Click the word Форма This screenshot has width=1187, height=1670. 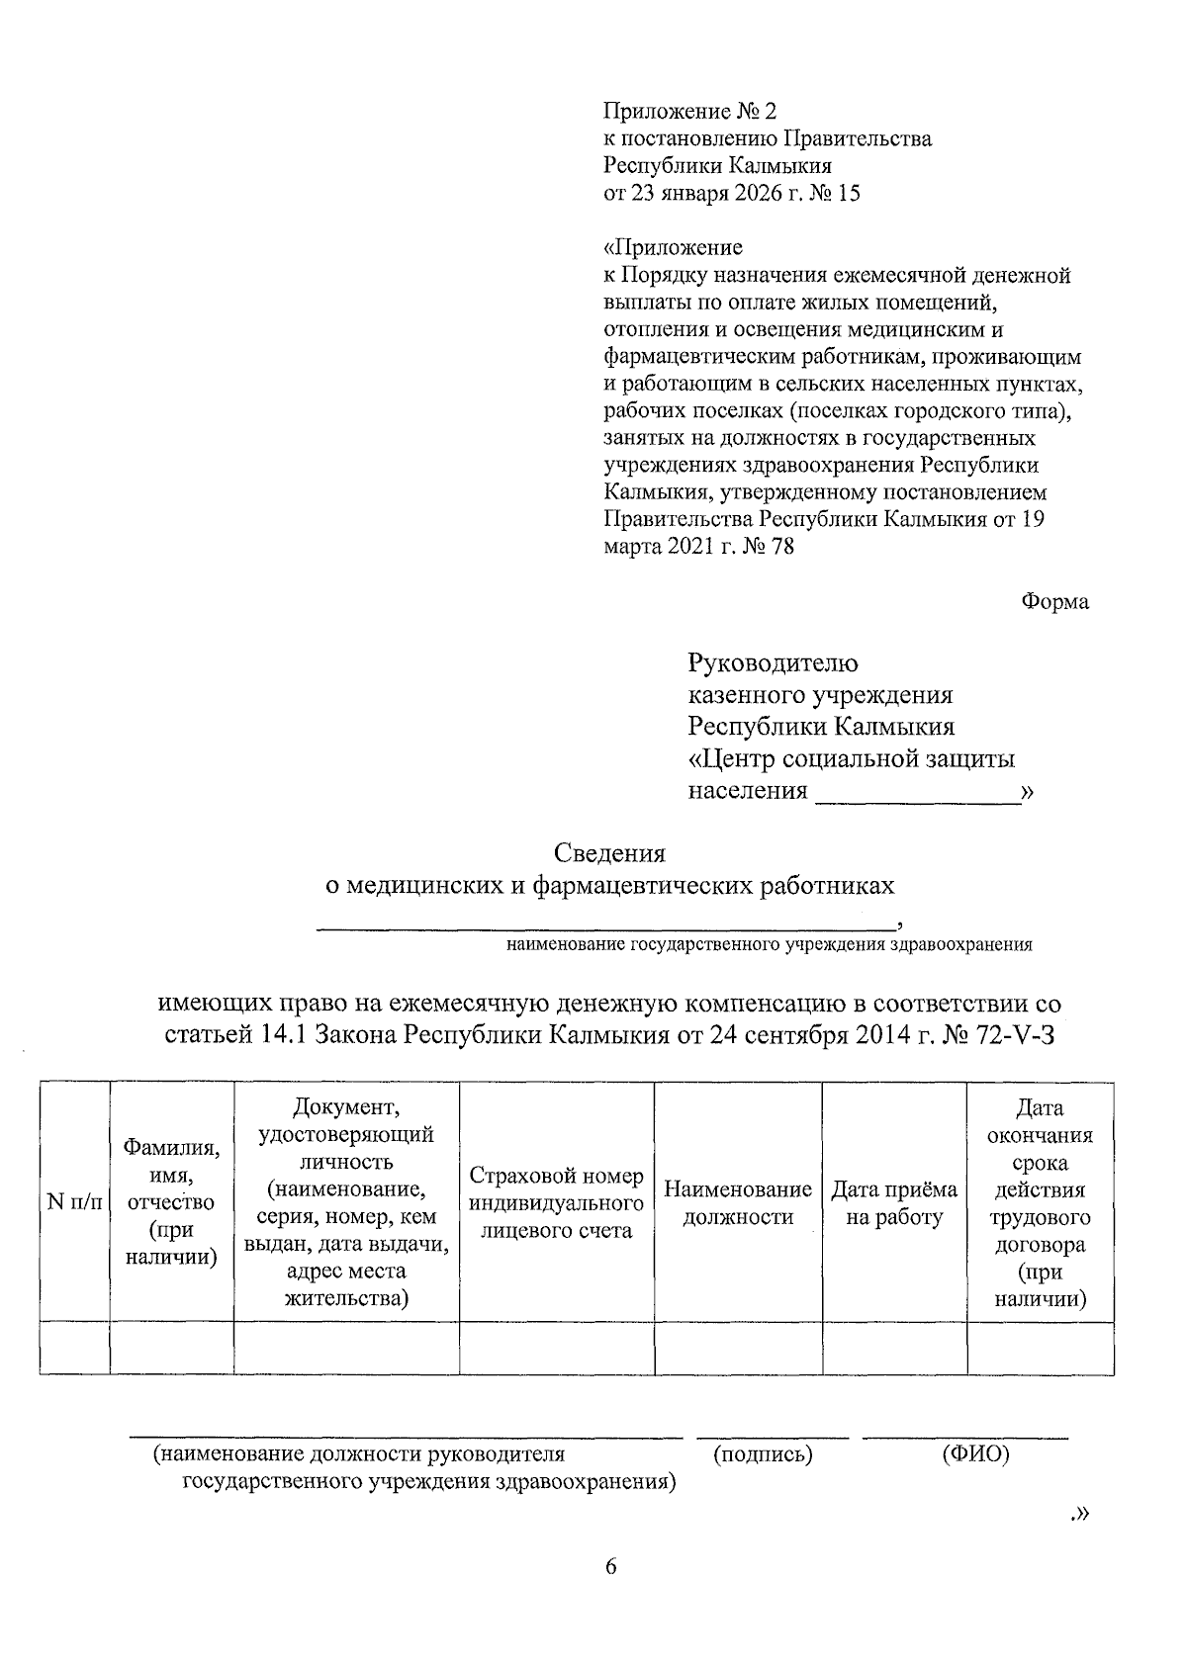(1054, 602)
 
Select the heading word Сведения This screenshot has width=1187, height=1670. (609, 852)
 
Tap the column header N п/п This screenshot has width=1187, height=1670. (74, 1202)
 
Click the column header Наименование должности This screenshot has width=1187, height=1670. (738, 1202)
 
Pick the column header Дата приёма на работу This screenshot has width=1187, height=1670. (894, 1202)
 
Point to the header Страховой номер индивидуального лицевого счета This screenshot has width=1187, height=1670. (556, 1202)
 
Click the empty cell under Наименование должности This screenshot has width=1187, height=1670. (738, 1348)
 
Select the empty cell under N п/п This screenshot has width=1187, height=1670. (74, 1348)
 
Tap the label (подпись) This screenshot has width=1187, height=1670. (763, 1454)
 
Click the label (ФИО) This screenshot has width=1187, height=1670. (975, 1454)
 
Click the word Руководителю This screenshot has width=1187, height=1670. (774, 662)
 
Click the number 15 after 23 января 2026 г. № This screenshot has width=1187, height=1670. (848, 193)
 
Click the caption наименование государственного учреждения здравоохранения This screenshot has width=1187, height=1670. (769, 944)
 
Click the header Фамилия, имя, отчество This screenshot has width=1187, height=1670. (171, 1202)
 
